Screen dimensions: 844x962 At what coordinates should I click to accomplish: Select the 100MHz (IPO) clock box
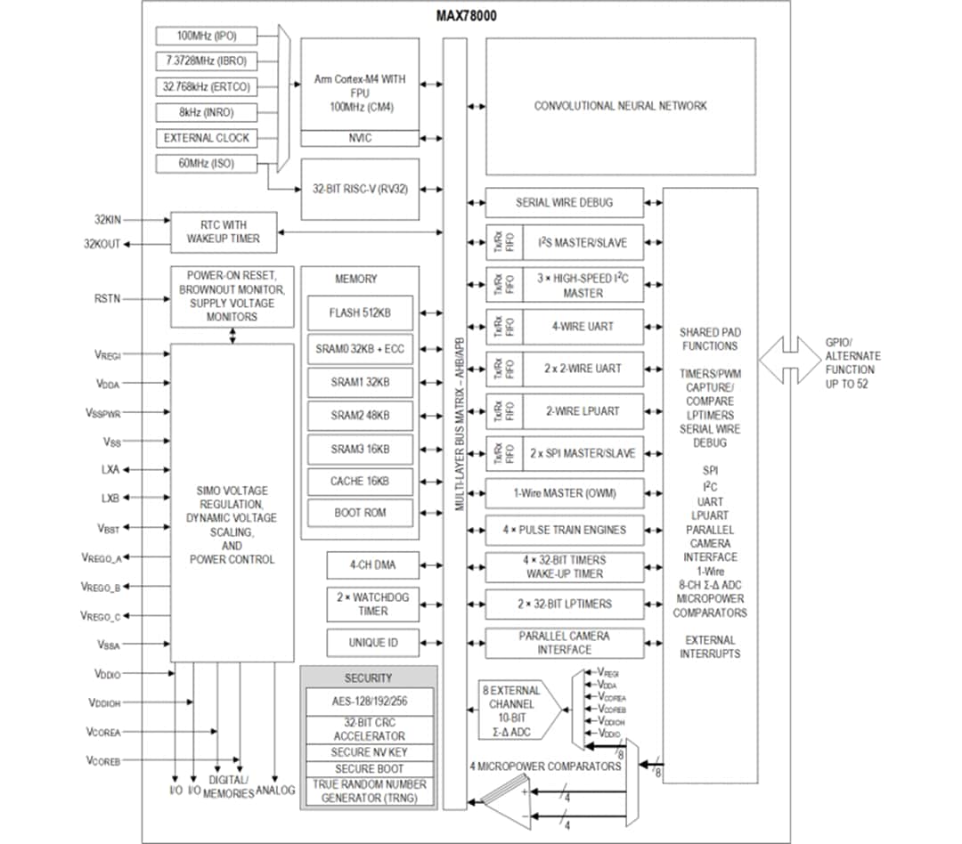[206, 36]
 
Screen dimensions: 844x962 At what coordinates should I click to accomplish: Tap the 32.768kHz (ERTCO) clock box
[206, 87]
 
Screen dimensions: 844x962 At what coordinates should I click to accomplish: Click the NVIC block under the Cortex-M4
[359, 138]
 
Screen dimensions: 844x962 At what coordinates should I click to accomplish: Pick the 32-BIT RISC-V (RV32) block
[359, 190]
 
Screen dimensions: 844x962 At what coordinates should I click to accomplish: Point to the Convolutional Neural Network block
[620, 106]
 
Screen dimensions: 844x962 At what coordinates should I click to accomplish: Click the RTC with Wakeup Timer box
[223, 231]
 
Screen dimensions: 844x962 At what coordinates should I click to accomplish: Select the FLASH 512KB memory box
[360, 313]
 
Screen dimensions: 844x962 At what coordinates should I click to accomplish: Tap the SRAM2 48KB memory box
[360, 416]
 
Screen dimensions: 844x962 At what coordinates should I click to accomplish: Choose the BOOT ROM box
[360, 514]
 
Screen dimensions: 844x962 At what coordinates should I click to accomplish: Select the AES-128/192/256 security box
[369, 700]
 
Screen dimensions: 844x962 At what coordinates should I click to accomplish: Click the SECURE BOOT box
[369, 768]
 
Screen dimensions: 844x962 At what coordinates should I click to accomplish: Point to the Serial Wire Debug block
[564, 203]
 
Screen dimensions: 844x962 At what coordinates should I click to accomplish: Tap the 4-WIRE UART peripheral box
[582, 327]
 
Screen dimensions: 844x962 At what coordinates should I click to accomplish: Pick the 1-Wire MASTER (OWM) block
[564, 493]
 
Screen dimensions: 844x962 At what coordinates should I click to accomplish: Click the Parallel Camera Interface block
[564, 643]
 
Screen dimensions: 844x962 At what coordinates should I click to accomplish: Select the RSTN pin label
[107, 299]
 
